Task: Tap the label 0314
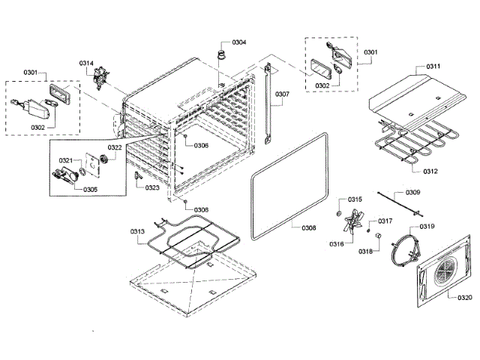click(86, 63)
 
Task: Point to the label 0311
click(433, 67)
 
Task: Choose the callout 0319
click(427, 226)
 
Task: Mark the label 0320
click(465, 297)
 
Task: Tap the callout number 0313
click(137, 231)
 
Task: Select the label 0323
click(152, 187)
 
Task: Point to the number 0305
click(90, 189)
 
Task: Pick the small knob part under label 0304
click(221, 54)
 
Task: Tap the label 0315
click(355, 199)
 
